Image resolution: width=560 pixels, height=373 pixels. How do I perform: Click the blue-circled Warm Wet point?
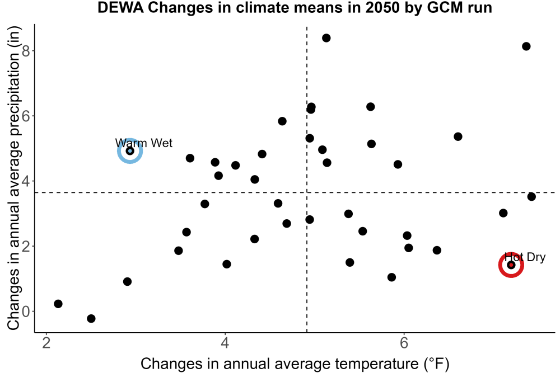coord(130,151)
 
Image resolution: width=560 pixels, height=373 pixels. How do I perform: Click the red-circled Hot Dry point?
coord(511,265)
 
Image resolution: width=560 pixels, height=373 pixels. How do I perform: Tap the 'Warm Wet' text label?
coord(143,143)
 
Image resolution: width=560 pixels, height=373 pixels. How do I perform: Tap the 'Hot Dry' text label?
coord(525,257)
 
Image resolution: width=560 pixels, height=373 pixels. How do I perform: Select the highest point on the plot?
coord(326,38)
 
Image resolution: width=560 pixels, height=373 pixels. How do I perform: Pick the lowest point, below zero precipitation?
coord(91,318)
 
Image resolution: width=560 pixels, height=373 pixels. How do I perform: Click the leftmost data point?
coord(58,304)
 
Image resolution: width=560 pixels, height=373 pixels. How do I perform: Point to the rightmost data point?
coord(531,196)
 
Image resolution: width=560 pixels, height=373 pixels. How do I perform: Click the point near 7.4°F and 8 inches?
coord(526,46)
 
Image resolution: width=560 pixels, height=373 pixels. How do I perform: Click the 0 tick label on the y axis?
coord(26,311)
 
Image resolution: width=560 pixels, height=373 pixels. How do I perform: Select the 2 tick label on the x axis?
coord(46,343)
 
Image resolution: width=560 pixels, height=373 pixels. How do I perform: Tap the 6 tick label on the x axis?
coord(404,343)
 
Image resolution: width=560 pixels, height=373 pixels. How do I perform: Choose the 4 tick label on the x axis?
coord(225,343)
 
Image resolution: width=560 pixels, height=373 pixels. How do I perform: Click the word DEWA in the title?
coord(120,7)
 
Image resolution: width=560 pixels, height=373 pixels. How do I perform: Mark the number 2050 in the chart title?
coord(382,7)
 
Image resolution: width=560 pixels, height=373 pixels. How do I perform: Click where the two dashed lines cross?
coord(307,192)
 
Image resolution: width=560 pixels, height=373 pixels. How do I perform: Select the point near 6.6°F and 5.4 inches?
coord(458,136)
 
